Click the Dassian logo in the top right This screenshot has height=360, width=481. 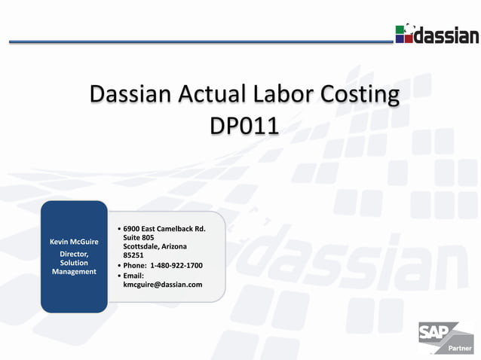(437, 34)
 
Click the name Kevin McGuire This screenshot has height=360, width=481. (74, 243)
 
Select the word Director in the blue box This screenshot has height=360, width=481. (74, 254)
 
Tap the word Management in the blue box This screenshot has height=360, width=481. (74, 272)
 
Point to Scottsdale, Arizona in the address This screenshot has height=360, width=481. (155, 247)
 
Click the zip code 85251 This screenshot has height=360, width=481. (133, 256)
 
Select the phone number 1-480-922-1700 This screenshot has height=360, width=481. (176, 266)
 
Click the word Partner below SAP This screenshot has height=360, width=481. (460, 349)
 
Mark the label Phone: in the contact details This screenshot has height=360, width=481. (134, 266)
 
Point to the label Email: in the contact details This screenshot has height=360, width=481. (133, 276)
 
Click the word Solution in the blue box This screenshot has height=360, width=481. (74, 263)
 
